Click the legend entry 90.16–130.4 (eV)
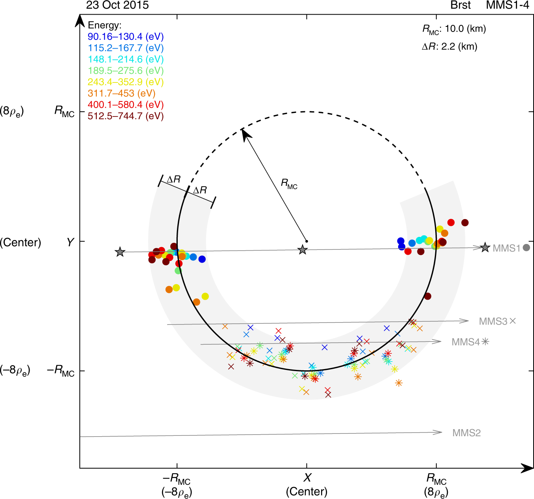click(126, 37)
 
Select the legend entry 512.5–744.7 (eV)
click(126, 116)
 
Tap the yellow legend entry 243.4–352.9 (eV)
click(126, 82)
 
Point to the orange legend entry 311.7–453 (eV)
click(121, 94)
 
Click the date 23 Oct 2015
click(117, 5)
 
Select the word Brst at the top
click(461, 5)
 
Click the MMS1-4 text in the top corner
click(507, 5)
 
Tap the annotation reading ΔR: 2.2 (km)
click(449, 47)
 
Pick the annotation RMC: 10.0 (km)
click(454, 29)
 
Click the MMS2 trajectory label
click(466, 433)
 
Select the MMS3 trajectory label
click(493, 321)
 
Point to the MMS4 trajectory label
click(466, 342)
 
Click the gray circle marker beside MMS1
click(526, 248)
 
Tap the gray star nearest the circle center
click(303, 249)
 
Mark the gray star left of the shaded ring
click(120, 252)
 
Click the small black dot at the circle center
click(307, 241)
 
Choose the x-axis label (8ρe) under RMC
click(436, 492)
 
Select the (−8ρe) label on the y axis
click(15, 370)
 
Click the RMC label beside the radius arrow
click(289, 184)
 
